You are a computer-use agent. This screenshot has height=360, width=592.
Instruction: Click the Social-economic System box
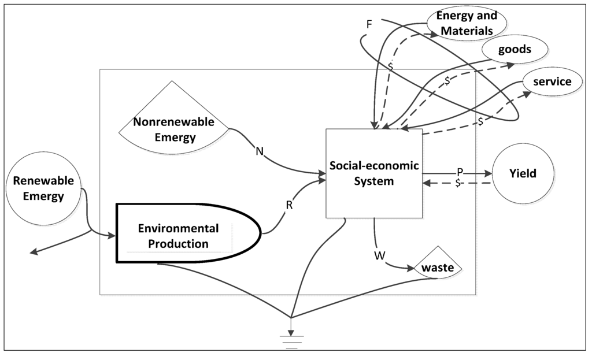(373, 173)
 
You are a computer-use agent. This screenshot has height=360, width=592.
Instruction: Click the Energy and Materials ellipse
(467, 23)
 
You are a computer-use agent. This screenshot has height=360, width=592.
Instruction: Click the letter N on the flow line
(259, 151)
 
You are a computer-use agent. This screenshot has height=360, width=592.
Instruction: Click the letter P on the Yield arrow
(460, 172)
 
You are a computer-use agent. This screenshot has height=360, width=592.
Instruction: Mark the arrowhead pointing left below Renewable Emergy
(35, 251)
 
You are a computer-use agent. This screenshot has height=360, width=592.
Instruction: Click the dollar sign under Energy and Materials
(390, 66)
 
